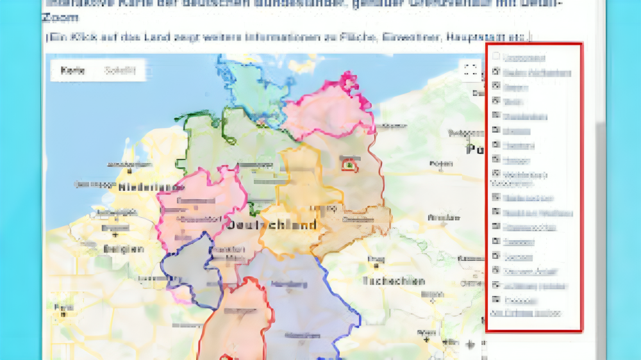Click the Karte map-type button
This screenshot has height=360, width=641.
click(73, 71)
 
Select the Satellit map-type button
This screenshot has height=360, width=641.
click(121, 71)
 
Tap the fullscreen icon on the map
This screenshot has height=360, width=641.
click(470, 70)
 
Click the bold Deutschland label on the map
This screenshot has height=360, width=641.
click(272, 225)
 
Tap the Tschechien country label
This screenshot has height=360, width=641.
click(393, 281)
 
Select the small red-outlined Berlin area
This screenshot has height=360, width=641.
click(349, 165)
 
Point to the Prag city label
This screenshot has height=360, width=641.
click(372, 259)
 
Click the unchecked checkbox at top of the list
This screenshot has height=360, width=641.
click(495, 58)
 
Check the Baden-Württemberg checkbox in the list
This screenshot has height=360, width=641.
click(495, 72)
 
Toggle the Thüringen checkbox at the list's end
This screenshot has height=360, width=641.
click(495, 300)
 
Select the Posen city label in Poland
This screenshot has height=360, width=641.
click(437, 164)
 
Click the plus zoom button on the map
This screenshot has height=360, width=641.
click(470, 345)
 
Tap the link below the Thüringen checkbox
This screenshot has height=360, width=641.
click(526, 313)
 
